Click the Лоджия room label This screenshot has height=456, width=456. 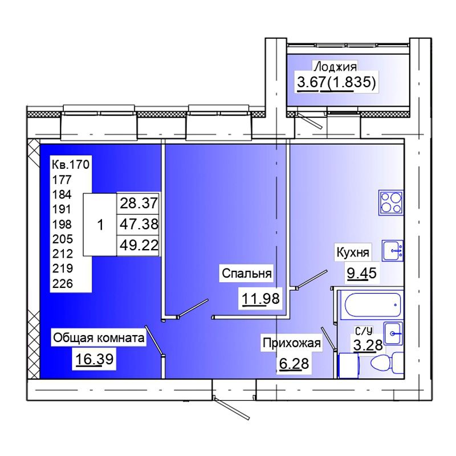pyautogui.click(x=335, y=67)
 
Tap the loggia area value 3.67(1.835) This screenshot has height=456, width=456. pyautogui.click(x=336, y=82)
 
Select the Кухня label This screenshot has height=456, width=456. pyautogui.click(x=353, y=252)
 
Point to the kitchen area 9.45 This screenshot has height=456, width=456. pyautogui.click(x=362, y=273)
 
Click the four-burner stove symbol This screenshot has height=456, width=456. pyautogui.click(x=391, y=202)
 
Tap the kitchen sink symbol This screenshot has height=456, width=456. pyautogui.click(x=393, y=250)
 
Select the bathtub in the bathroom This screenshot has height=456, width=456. pyautogui.click(x=373, y=305)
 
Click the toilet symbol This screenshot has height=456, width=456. pyautogui.click(x=388, y=363)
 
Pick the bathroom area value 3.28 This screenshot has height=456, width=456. pyautogui.click(x=368, y=345)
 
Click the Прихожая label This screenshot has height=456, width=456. pyautogui.click(x=292, y=343)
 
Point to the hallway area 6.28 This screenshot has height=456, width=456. pyautogui.click(x=294, y=363)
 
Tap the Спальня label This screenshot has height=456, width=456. pyautogui.click(x=247, y=274)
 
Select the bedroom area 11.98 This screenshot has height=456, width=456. pyautogui.click(x=261, y=299)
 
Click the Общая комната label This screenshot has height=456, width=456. pyautogui.click(x=99, y=338)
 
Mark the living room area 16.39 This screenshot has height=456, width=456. pyautogui.click(x=94, y=359)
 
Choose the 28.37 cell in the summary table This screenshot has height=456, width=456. pyautogui.click(x=139, y=203)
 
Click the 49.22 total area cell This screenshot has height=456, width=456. pyautogui.click(x=139, y=246)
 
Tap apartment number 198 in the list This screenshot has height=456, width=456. pyautogui.click(x=62, y=224)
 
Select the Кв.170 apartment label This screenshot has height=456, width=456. pyautogui.click(x=71, y=165)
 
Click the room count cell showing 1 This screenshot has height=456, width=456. pyautogui.click(x=100, y=225)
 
